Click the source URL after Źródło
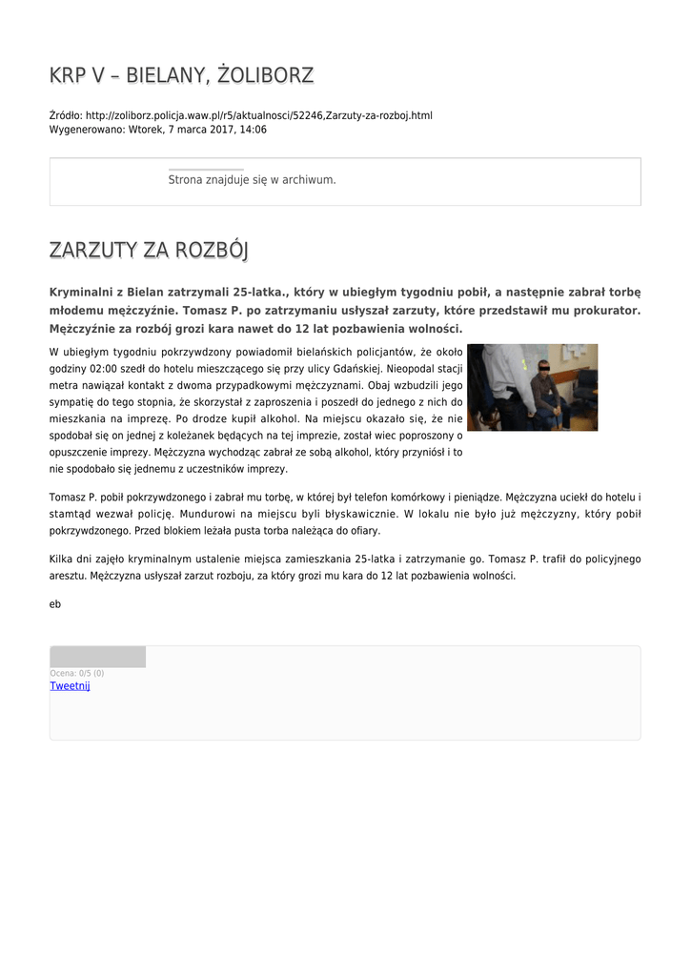(x=258, y=115)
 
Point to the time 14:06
(x=254, y=130)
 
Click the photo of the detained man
(x=532, y=387)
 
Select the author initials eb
(x=55, y=604)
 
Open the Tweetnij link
(x=70, y=686)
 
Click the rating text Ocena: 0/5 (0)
(x=77, y=674)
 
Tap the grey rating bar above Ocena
(x=97, y=657)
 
